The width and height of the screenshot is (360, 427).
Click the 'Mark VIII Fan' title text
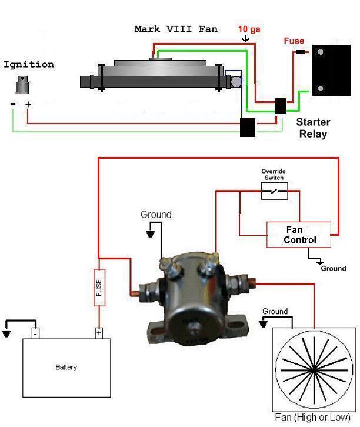tap(176, 29)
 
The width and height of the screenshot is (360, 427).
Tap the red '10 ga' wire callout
tap(249, 29)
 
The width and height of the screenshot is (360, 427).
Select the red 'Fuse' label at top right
tap(294, 41)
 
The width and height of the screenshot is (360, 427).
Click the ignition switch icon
tap(22, 85)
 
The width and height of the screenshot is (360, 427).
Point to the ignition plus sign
tap(28, 104)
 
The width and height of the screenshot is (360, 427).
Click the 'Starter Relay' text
tap(313, 128)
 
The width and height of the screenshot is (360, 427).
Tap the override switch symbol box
tap(274, 191)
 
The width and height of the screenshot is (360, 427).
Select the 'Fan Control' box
tap(299, 235)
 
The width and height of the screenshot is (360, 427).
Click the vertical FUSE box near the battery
tap(99, 288)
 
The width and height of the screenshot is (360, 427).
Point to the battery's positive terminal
tap(99, 333)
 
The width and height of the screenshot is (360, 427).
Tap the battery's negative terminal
tap(35, 333)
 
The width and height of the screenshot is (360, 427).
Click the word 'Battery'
tap(66, 367)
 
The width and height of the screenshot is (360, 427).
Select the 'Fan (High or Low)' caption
tap(312, 418)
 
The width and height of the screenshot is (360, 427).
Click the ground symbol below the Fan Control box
tap(319, 263)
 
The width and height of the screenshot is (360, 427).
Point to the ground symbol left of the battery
tap(6, 334)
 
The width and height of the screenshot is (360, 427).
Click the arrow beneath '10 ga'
tap(246, 38)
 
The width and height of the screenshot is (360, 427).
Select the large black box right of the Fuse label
tap(331, 70)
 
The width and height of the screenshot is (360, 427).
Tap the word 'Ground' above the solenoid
tap(156, 215)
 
